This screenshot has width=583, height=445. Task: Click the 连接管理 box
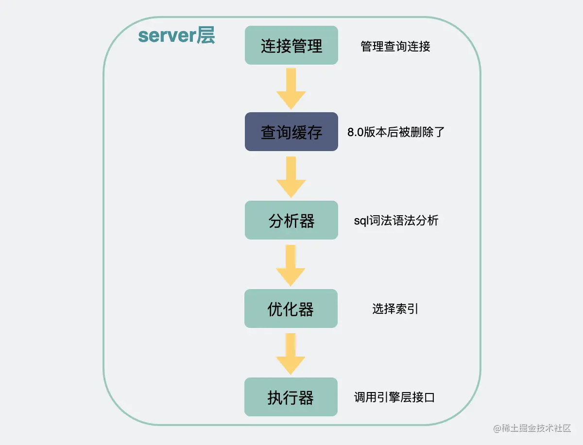click(291, 45)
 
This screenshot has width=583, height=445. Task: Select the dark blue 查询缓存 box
click(291, 132)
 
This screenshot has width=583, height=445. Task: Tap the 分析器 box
click(291, 220)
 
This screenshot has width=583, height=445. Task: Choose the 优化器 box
click(291, 308)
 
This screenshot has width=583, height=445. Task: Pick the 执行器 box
click(291, 397)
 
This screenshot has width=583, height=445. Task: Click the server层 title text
click(176, 36)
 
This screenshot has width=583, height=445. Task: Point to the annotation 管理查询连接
click(395, 46)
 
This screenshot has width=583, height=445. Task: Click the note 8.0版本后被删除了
click(396, 132)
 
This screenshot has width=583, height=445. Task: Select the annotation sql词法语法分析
click(396, 221)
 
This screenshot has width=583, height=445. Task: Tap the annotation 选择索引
click(395, 309)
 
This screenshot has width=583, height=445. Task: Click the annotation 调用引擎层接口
click(394, 397)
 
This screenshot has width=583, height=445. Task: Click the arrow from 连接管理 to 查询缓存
click(291, 88)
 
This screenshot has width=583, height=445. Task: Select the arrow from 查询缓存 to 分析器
click(291, 176)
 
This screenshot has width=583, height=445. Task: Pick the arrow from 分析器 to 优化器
click(291, 265)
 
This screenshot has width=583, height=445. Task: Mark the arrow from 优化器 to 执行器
click(291, 353)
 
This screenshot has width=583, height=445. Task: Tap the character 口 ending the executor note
click(429, 397)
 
